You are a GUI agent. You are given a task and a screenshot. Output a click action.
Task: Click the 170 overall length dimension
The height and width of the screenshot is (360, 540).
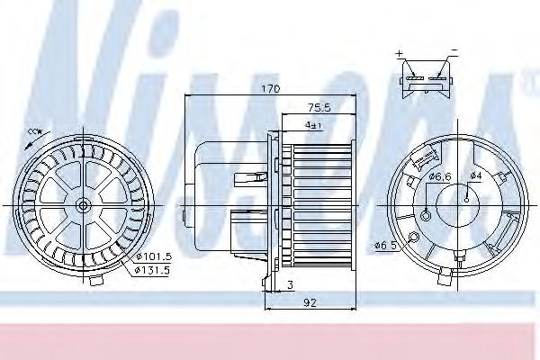(x=270, y=89)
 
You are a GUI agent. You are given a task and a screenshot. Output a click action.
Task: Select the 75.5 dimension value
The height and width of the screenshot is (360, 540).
(x=319, y=108)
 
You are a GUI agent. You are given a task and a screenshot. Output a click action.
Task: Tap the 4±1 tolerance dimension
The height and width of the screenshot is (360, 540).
(x=312, y=125)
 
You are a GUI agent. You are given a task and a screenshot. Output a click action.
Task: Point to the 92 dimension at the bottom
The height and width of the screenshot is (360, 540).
(x=310, y=302)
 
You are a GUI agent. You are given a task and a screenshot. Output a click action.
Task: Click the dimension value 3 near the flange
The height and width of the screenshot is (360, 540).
(x=291, y=285)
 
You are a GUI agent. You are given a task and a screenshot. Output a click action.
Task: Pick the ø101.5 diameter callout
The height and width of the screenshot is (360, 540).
(x=154, y=256)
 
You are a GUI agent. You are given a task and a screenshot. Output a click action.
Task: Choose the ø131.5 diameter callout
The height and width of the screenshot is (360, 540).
(x=153, y=271)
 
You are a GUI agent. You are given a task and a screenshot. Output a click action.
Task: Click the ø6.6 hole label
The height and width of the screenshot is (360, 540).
(x=440, y=176)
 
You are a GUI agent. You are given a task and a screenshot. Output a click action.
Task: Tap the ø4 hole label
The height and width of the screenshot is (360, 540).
(x=476, y=175)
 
